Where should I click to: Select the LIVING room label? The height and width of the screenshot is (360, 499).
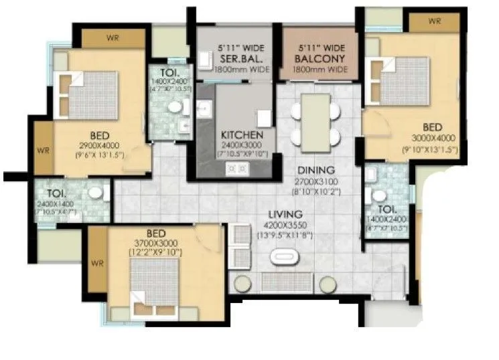click(x=281, y=214)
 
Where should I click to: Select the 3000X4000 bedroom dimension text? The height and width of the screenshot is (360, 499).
click(x=432, y=139)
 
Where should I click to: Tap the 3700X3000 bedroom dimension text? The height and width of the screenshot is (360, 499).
click(x=155, y=242)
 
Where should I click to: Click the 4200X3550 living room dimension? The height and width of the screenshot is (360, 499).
click(x=281, y=224)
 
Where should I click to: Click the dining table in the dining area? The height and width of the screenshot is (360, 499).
click(x=315, y=120)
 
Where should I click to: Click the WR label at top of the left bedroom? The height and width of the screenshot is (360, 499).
click(x=113, y=37)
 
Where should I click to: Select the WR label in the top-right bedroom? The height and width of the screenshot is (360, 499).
click(x=434, y=21)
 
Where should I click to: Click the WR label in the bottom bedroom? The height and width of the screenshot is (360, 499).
click(x=97, y=262)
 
